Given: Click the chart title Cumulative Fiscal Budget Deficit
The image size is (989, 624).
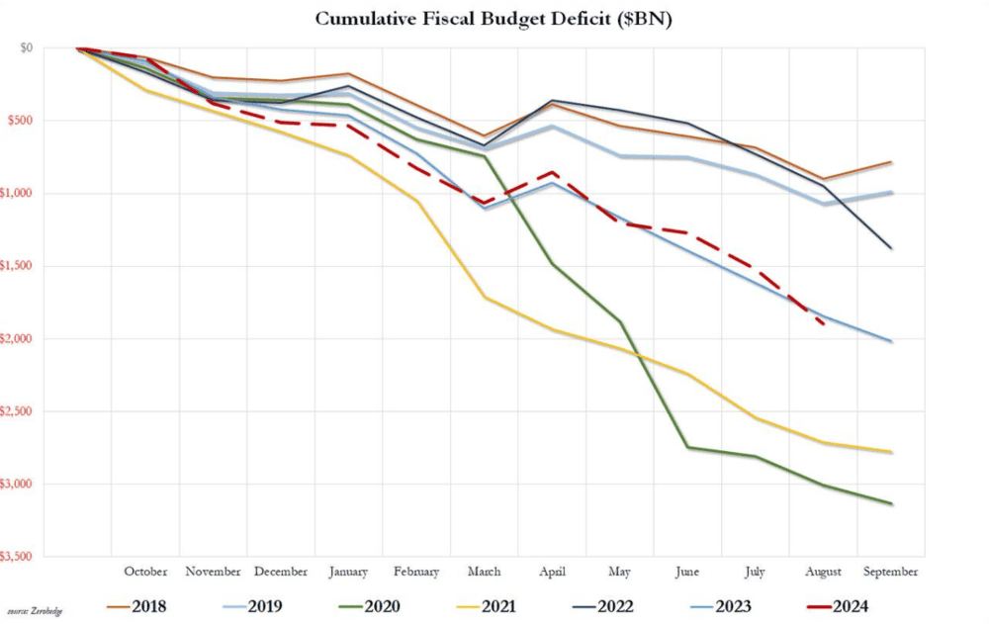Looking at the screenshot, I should [x=494, y=18].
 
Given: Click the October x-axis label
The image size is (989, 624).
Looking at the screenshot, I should [x=145, y=572].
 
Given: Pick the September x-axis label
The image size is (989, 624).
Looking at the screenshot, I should [x=891, y=572].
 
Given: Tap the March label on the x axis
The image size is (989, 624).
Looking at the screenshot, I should [x=484, y=572].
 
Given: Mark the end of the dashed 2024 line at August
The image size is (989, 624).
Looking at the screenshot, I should [x=824, y=323].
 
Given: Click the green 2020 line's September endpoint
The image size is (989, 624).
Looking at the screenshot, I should [x=892, y=504].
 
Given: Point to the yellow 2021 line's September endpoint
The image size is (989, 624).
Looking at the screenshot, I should [x=892, y=452].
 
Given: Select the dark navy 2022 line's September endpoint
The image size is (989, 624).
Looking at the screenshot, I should [x=892, y=248].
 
